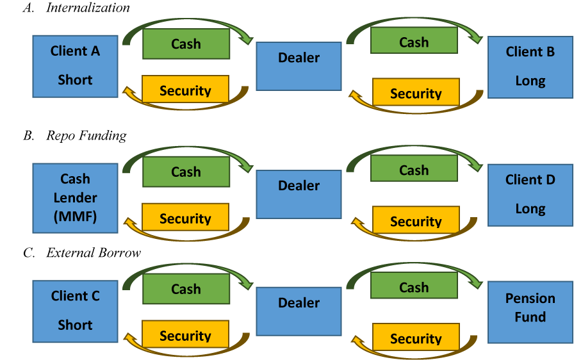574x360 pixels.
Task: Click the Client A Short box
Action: pos(75,66)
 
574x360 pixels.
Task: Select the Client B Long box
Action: pos(530,67)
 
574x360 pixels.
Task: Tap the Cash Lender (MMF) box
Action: pos(75,197)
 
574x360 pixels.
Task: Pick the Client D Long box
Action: pos(530,194)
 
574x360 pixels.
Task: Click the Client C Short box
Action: pos(75,310)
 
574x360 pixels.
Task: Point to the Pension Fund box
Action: pos(530,311)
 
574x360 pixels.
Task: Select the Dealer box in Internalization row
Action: pos(299,66)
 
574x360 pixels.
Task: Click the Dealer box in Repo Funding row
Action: pos(299,194)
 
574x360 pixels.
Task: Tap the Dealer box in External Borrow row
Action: pos(299,311)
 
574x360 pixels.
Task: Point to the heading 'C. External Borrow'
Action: pos(81,253)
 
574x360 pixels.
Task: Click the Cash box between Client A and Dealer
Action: pos(186,44)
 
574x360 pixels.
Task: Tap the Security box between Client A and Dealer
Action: pos(185,90)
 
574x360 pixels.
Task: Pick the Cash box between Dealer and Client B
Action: pos(414,42)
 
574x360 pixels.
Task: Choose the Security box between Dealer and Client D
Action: pos(416,220)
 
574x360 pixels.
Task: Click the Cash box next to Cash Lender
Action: pos(186,172)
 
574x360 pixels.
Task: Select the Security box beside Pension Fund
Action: pos(416,338)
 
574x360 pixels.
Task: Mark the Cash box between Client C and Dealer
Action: pos(186,289)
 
